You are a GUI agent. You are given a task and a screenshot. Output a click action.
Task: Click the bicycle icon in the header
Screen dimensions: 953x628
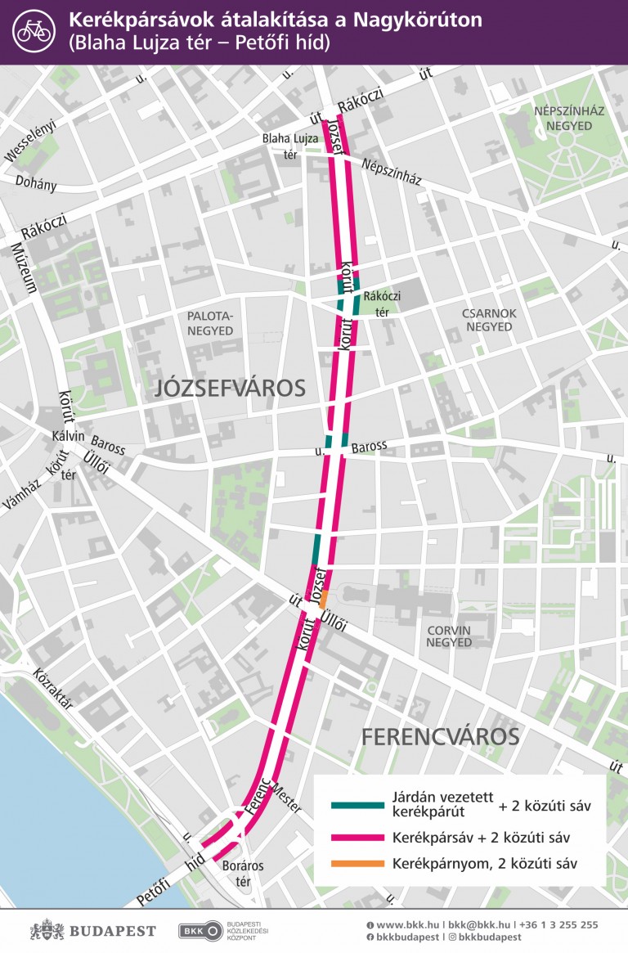(x=34, y=31)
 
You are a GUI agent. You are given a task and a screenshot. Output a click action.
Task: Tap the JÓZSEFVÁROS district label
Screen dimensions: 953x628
(x=230, y=389)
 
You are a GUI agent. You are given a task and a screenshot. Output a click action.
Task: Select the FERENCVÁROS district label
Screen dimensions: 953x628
(x=440, y=737)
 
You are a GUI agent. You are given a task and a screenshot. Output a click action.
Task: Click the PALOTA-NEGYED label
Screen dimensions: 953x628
(x=210, y=323)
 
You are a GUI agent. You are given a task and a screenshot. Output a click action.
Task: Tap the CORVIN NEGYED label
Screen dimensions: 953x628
(x=449, y=636)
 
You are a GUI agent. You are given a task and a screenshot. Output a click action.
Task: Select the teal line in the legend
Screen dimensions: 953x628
(x=357, y=806)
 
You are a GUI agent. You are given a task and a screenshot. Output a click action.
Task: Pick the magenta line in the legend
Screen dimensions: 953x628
(x=357, y=838)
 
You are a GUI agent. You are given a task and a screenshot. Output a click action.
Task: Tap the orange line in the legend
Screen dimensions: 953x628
(x=357, y=864)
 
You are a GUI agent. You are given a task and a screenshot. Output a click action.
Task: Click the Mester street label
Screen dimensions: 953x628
(x=287, y=797)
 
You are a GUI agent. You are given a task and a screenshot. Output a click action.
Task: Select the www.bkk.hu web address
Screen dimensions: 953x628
(x=401, y=924)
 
